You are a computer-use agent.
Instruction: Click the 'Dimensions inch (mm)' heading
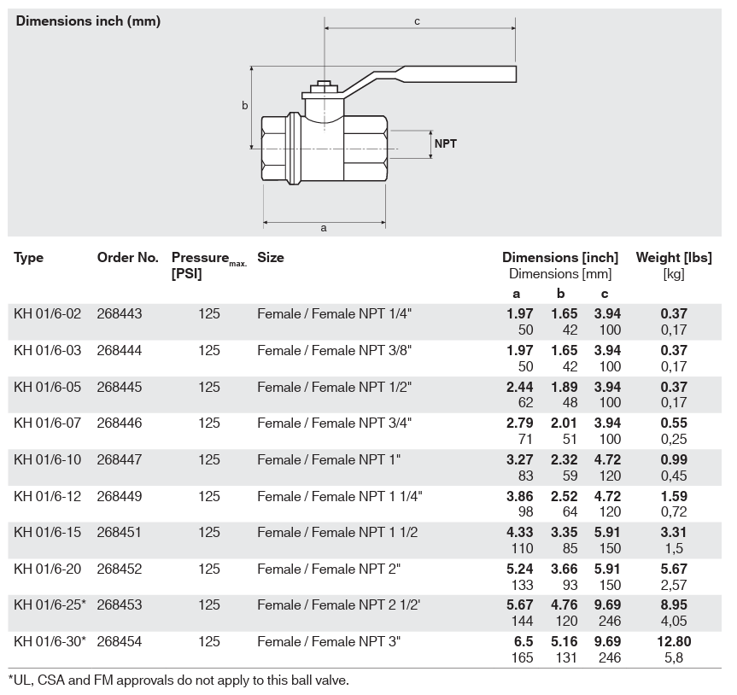(x=88, y=21)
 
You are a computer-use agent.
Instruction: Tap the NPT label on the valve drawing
(x=445, y=143)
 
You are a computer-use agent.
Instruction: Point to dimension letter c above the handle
(x=417, y=21)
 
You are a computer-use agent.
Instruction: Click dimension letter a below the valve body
(x=324, y=228)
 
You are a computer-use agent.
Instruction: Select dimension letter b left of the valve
(x=244, y=105)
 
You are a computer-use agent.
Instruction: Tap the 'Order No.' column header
(x=128, y=258)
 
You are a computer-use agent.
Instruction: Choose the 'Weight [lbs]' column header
(x=674, y=258)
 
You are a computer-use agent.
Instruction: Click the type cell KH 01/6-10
(x=48, y=459)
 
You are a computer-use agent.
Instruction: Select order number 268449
(x=120, y=496)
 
